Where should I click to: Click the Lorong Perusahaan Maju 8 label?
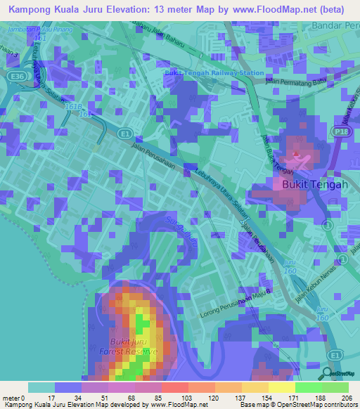pos(236,301)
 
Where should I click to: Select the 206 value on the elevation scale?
pos(345,398)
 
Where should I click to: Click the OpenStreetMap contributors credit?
pos(315,405)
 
